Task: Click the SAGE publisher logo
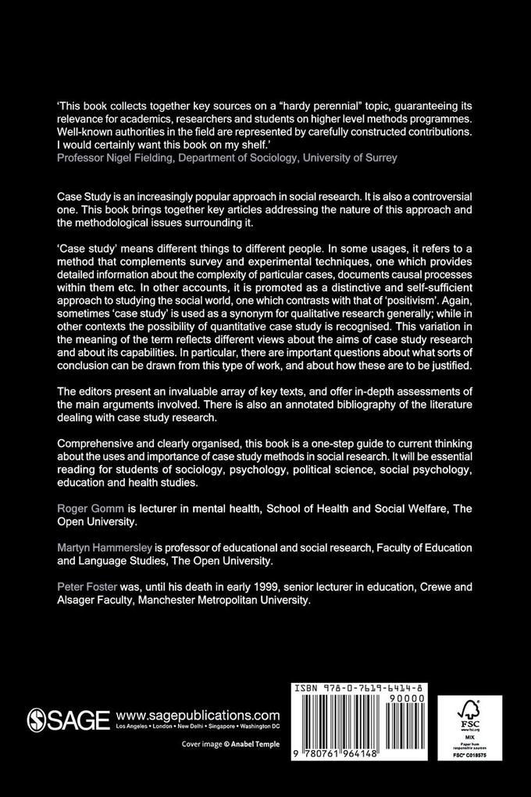(x=68, y=720)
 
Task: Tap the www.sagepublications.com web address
(x=197, y=715)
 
